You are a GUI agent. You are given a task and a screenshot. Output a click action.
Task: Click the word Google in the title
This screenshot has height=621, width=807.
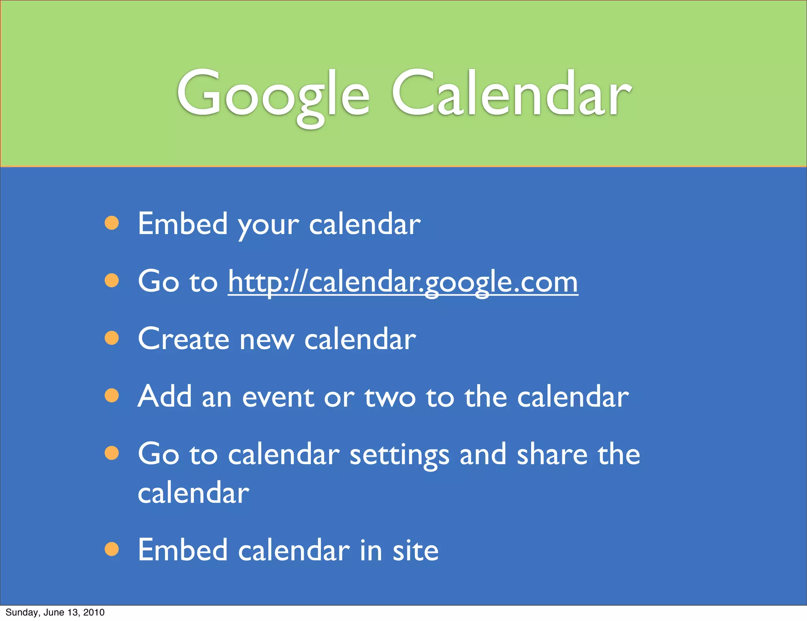pyautogui.click(x=273, y=95)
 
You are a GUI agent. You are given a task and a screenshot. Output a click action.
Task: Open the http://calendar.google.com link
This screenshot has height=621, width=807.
pyautogui.click(x=403, y=282)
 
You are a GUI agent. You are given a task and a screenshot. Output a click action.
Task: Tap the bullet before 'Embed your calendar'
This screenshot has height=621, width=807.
pyautogui.click(x=112, y=223)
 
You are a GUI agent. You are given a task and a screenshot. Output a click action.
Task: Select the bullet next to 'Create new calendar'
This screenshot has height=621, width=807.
pyautogui.click(x=112, y=338)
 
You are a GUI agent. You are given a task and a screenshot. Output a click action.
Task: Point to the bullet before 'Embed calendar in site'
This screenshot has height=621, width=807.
pyautogui.click(x=112, y=549)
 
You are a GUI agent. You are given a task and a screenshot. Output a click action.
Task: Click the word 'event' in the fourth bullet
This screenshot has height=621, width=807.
pyautogui.click(x=278, y=396)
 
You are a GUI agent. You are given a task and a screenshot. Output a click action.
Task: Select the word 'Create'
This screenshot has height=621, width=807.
pyautogui.click(x=183, y=339)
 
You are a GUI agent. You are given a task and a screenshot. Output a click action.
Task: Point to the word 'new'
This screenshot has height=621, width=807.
pyautogui.click(x=267, y=340)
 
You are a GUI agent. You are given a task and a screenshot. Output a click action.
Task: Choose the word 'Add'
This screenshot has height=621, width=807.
pyautogui.click(x=165, y=396)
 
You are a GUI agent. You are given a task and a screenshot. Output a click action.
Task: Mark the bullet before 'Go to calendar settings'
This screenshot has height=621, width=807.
pyautogui.click(x=112, y=453)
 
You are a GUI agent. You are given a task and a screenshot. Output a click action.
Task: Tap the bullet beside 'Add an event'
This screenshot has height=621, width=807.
pyautogui.click(x=112, y=396)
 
